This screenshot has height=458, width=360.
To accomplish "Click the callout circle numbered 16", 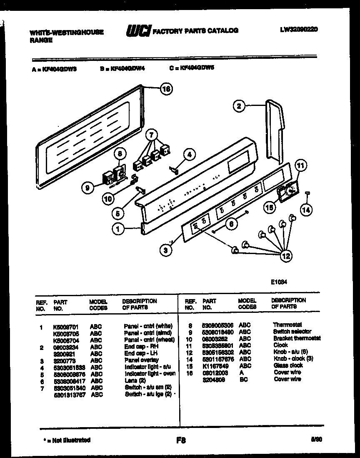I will pos(166,89).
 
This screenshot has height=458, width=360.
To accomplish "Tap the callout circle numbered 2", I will pos(238,106).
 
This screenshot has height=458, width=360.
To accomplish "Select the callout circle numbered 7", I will pos(152,135).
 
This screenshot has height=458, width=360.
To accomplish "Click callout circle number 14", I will pos(306,210).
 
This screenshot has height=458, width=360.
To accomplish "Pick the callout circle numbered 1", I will pos(118,228).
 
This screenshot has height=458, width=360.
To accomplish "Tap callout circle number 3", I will pos(166,250).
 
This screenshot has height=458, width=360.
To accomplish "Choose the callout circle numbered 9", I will pos(87,189).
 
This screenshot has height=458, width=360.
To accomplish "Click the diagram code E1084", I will pos(279,282).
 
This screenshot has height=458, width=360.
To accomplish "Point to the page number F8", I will pos(181,440).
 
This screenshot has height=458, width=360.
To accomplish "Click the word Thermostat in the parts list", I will pos(287,325).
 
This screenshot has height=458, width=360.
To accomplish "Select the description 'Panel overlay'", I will pos(141,360).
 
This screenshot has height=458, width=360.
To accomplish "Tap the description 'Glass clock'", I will pos(288,365).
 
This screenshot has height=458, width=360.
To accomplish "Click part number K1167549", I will pos(213,365).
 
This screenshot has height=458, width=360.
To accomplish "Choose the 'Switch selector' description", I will pos(292,332).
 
